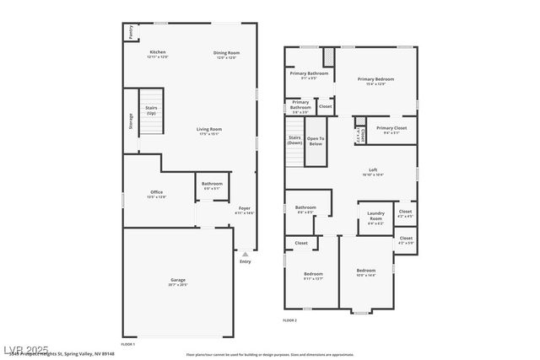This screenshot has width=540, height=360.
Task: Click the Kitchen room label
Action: (x=158, y=53)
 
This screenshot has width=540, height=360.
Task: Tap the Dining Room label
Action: (x=226, y=53)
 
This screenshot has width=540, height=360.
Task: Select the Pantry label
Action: (x=131, y=31)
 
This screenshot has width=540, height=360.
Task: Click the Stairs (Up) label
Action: (x=151, y=110)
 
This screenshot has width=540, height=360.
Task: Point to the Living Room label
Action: (x=209, y=130)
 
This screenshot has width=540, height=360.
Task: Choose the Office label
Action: (x=157, y=193)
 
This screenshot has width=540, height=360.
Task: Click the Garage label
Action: (x=178, y=280)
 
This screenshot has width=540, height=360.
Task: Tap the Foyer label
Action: (x=245, y=208)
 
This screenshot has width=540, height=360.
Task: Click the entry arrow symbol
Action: (x=246, y=253)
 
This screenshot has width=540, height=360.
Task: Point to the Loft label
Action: (x=373, y=171)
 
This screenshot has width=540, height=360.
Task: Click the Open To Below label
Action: (x=316, y=141)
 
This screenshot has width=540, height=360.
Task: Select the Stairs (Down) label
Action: (x=294, y=140)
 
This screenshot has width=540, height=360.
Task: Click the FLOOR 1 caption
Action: (x=128, y=344)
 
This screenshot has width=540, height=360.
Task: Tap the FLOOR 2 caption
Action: (x=289, y=320)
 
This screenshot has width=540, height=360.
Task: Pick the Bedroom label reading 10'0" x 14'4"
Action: (x=365, y=272)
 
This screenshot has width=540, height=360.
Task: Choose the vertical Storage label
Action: (x=131, y=121)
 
